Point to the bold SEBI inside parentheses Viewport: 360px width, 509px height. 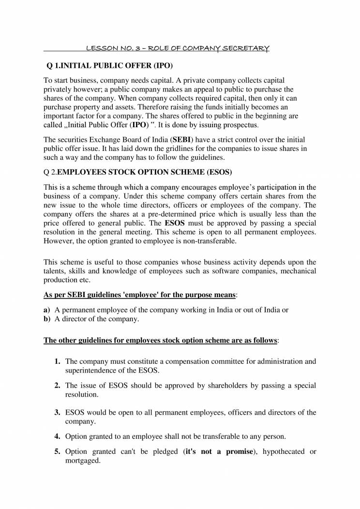tap(182, 140)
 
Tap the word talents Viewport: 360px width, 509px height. tap(55, 271)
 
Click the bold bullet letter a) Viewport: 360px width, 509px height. tap(47, 310)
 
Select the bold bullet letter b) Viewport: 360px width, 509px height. tap(47, 319)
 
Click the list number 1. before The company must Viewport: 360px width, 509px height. tap(58, 361)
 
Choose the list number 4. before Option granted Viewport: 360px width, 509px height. tap(58, 436)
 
